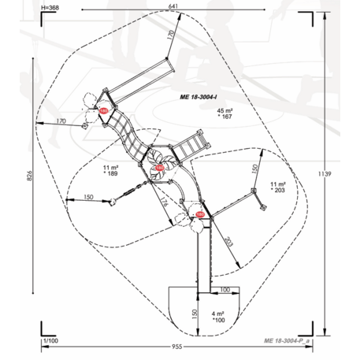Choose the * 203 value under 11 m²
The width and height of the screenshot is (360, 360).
[276, 191]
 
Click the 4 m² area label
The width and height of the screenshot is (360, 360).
[218, 314]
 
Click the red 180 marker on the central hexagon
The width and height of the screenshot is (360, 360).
[160, 169]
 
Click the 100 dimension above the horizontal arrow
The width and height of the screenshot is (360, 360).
[226, 291]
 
